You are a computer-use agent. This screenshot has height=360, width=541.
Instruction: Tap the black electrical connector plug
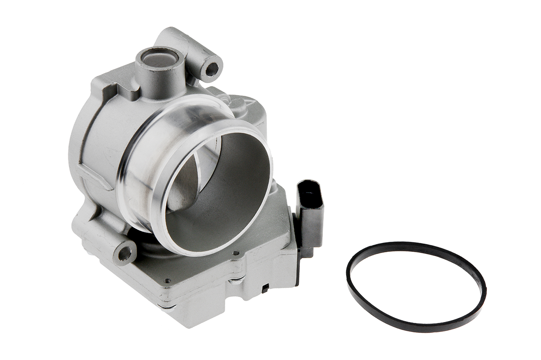(311, 212)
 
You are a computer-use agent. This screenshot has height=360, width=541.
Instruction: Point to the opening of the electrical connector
(308, 190)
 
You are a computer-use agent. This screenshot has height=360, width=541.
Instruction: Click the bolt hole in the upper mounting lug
(211, 69)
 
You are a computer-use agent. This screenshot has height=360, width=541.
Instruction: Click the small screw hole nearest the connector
(235, 253)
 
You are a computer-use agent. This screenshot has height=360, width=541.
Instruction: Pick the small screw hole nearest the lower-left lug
(168, 280)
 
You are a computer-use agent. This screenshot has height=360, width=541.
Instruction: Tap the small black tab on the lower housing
(266, 288)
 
